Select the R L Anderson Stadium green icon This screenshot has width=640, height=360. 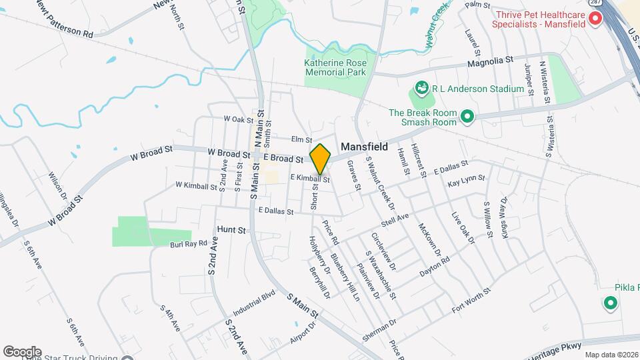pyautogui.click(x=421, y=88)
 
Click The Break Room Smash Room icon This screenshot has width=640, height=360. pyautogui.click(x=467, y=117)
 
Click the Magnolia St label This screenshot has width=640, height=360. pyautogui.click(x=490, y=60)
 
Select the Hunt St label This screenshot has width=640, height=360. pyautogui.click(x=232, y=229)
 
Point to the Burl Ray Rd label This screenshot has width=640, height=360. pyautogui.click(x=189, y=245)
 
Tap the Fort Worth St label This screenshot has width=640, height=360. pyautogui.click(x=471, y=300)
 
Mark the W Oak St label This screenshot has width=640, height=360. pyautogui.click(x=238, y=119)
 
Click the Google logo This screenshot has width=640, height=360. pyautogui.click(x=21, y=351)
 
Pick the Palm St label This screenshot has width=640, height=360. pyautogui.click(x=473, y=5)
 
